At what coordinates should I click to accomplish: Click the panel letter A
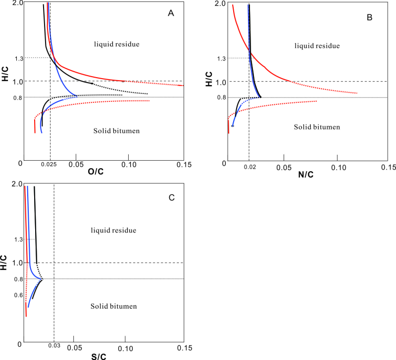[x=171, y=14]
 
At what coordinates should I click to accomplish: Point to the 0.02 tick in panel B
[x=249, y=168]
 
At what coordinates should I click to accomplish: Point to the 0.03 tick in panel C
[x=53, y=346]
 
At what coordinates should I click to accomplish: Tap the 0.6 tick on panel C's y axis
[x=18, y=295]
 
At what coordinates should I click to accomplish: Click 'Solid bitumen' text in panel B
[x=317, y=127]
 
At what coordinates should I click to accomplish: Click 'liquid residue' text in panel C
[x=113, y=230]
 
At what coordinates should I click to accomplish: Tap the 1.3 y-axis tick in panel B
[x=222, y=58]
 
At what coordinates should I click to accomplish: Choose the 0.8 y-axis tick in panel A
[x=18, y=97]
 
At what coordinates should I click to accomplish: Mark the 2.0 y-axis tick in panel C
[x=16, y=183]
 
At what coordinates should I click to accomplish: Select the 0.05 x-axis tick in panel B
[x=284, y=168]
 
